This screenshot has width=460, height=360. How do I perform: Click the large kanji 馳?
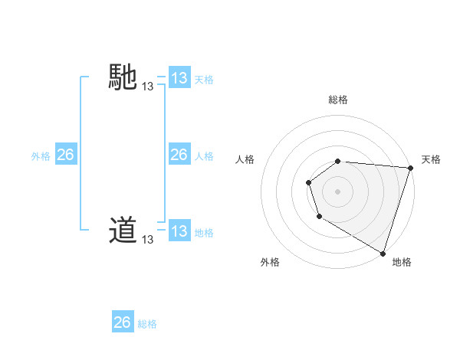pos(123,78)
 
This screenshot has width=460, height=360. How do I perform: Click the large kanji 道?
pos(123,230)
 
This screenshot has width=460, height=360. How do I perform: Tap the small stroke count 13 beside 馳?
pos(147,87)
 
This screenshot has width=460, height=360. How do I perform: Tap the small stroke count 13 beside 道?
pos(147,240)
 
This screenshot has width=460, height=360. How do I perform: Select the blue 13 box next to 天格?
pos(179,78)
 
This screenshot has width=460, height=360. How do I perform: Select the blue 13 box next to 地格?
pos(179,231)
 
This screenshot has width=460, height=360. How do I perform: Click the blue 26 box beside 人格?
pos(179,155)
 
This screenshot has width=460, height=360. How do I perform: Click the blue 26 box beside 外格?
pos(65,155)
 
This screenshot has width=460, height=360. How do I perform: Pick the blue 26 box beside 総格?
pos(122,322)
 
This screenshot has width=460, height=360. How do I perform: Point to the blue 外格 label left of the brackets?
pos(41,155)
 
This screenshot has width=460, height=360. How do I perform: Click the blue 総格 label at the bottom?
pos(147,324)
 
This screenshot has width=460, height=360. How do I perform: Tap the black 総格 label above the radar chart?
pos(338,100)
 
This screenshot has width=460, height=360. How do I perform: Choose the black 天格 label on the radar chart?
pos(431,159)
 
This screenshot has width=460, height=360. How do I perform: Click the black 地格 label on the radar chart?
pos(402,262)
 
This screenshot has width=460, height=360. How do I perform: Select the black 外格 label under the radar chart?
pos(270,262)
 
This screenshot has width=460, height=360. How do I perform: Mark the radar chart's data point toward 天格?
pos(410,168)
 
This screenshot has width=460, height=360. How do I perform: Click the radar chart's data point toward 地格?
pos(383,253)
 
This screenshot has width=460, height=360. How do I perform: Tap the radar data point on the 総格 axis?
pos(338,161)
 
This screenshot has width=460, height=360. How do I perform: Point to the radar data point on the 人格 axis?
pos(308,182)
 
